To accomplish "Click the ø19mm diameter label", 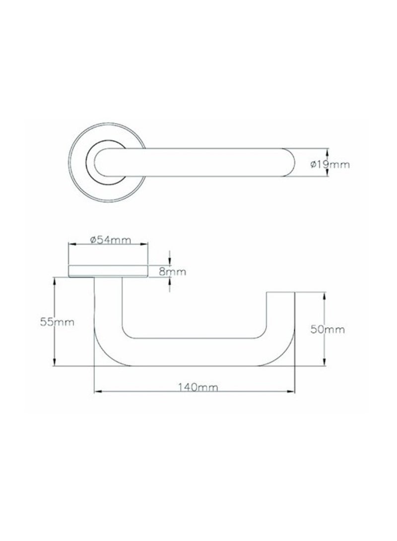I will [330, 164].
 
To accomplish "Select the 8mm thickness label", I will [173, 271].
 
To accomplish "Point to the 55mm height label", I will [57, 322].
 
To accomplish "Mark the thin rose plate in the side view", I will [108, 271].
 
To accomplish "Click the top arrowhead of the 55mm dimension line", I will [54, 281].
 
